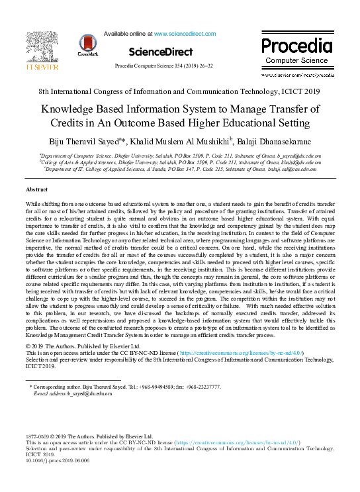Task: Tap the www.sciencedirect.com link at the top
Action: (x=184, y=32)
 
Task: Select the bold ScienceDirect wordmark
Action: (x=161, y=51)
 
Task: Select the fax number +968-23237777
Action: (x=199, y=386)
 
